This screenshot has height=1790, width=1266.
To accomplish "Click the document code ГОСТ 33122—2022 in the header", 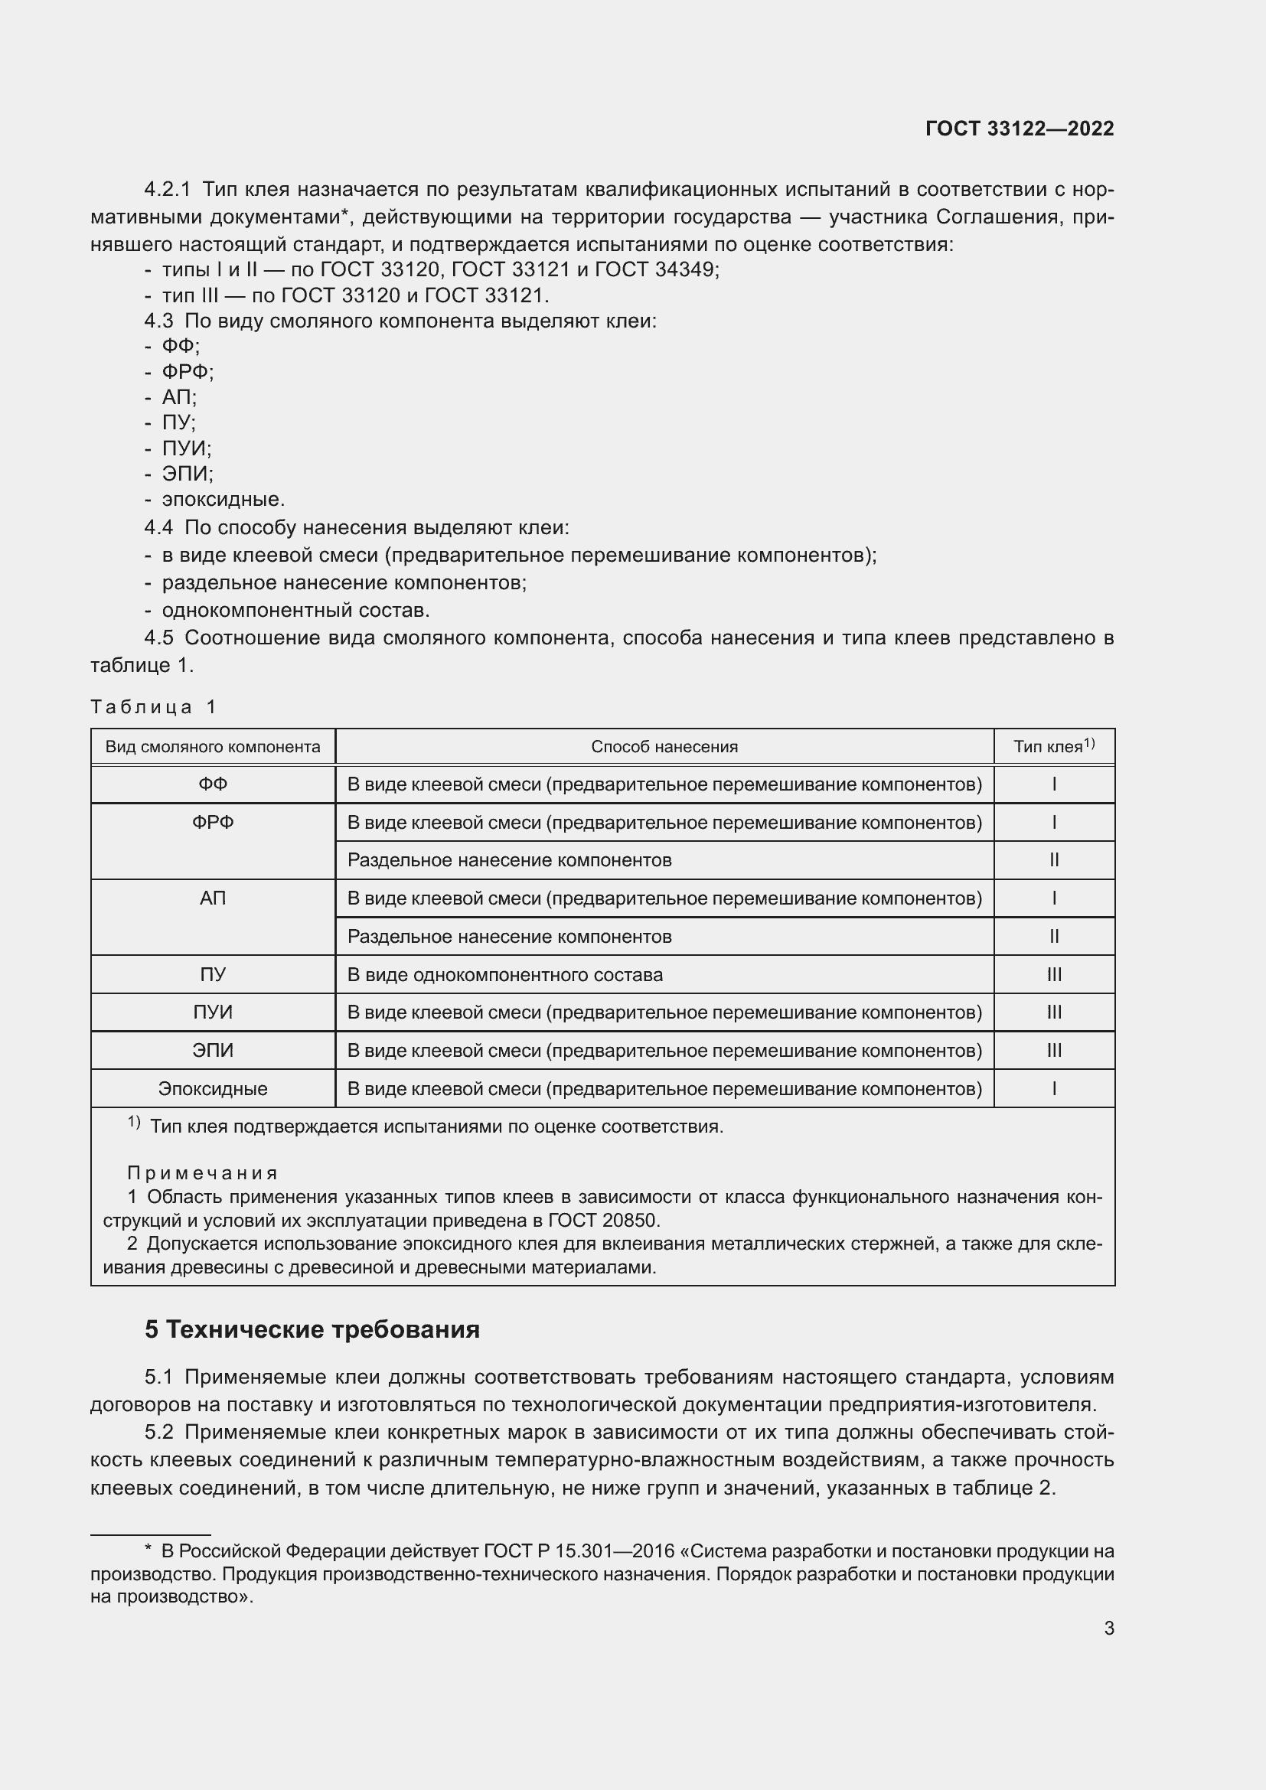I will pyautogui.click(x=1019, y=129).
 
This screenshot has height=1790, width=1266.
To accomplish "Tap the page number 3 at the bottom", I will pyautogui.click(x=1108, y=1628).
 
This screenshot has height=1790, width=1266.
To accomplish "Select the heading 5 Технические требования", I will pyautogui.click(x=312, y=1329).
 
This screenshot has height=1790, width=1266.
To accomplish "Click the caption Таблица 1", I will pyautogui.click(x=153, y=707).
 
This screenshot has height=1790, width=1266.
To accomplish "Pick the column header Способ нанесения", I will pyautogui.click(x=664, y=747).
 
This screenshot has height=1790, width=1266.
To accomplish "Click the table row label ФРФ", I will pyautogui.click(x=213, y=823).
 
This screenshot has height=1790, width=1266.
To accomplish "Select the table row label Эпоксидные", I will pyautogui.click(x=213, y=1088).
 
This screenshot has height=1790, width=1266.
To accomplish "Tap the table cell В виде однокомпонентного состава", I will pyautogui.click(x=505, y=974).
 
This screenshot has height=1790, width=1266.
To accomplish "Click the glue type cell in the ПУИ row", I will pyautogui.click(x=1054, y=1012).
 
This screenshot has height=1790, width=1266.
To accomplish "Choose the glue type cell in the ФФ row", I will pyautogui.click(x=1054, y=784).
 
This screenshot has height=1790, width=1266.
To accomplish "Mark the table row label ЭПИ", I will pyautogui.click(x=213, y=1051).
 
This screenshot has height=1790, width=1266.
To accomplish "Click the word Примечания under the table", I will pyautogui.click(x=203, y=1172).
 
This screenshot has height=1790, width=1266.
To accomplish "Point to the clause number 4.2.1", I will pyautogui.click(x=167, y=190).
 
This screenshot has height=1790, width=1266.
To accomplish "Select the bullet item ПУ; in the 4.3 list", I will pyautogui.click(x=178, y=422).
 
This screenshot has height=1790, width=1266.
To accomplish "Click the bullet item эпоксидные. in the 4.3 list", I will pyautogui.click(x=223, y=500).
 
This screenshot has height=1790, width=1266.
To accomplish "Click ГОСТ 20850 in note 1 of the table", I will pyautogui.click(x=603, y=1220).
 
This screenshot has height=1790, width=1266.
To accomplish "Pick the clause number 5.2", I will pyautogui.click(x=159, y=1432).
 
